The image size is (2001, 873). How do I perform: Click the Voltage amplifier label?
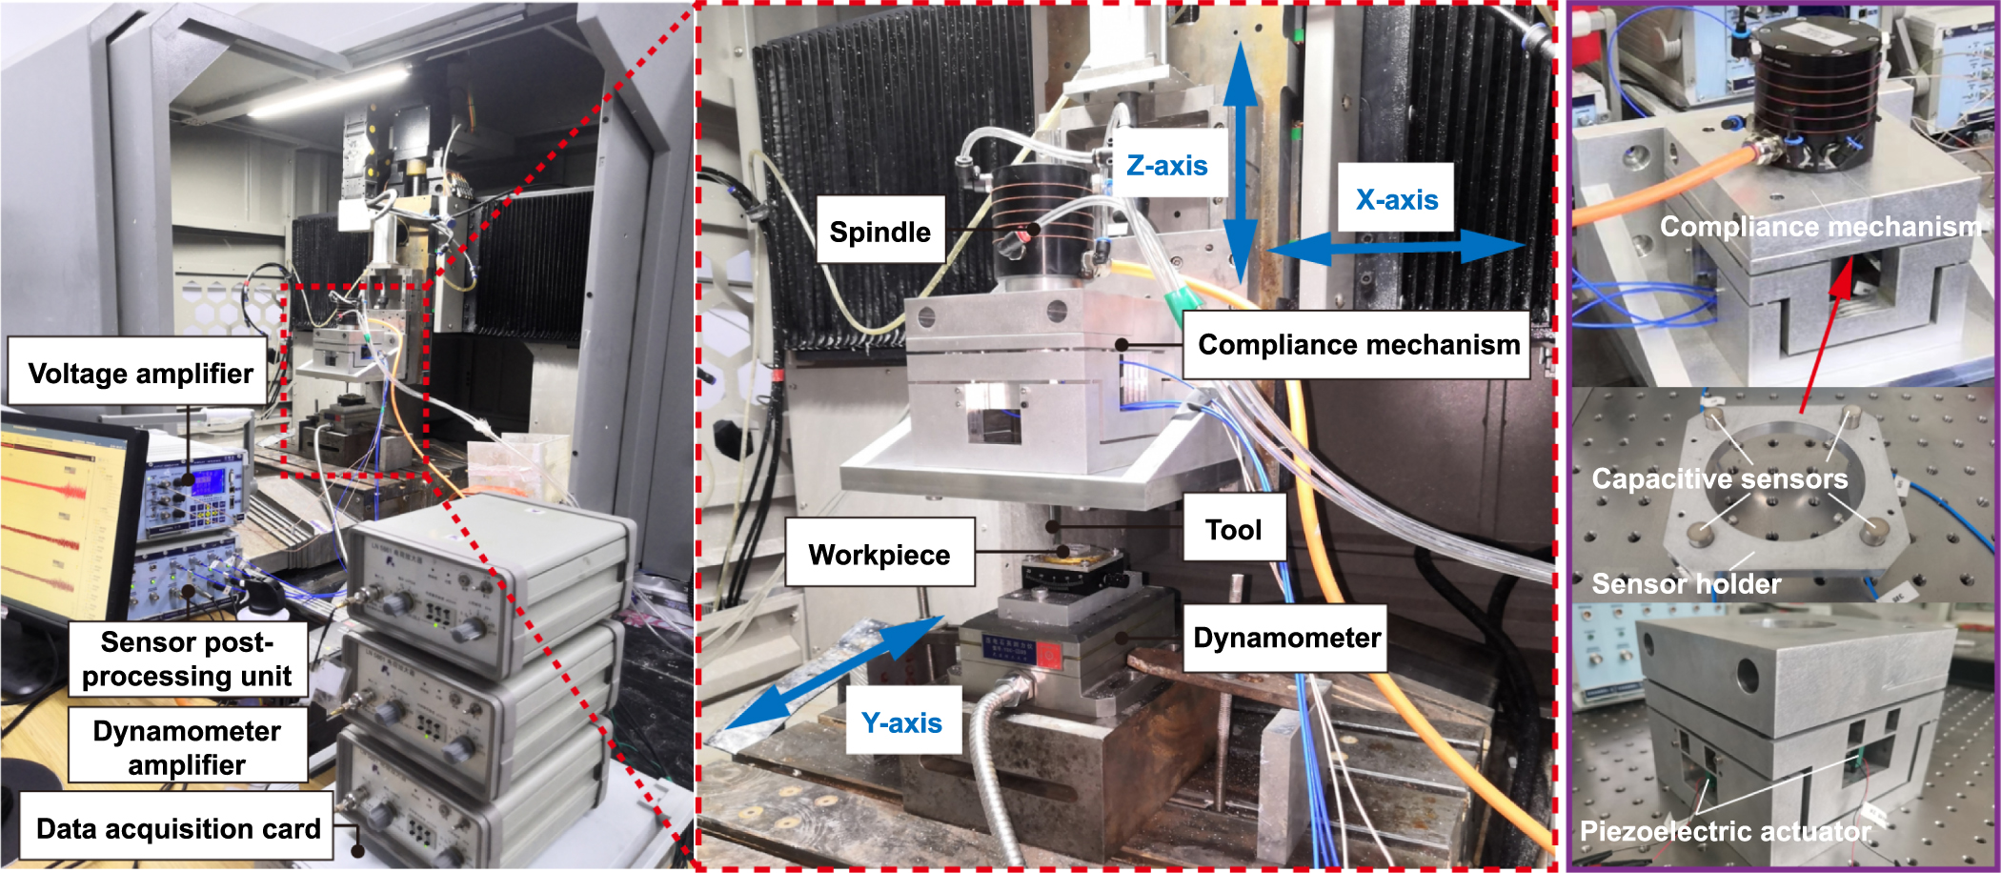coord(139,372)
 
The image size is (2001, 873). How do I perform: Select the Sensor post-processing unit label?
coord(187,660)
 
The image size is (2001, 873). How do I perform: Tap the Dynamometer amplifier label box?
coord(187,748)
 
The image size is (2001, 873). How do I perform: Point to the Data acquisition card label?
coord(177,828)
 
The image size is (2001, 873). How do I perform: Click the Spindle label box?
coord(879,231)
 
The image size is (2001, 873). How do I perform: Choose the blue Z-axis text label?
coord(1166,166)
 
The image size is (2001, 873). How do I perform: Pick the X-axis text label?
coord(1396,199)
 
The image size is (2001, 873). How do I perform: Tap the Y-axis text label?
coord(901,723)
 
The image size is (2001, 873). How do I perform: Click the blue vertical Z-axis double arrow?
coord(1241,162)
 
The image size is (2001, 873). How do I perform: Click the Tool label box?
coord(1233,529)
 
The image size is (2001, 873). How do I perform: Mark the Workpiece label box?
coord(879,554)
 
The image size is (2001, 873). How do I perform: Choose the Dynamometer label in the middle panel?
coord(1286,638)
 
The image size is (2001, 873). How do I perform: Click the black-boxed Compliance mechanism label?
coord(1358,344)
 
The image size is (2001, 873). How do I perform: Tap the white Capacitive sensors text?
coord(1719,478)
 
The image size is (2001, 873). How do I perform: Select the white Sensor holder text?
coord(1686,583)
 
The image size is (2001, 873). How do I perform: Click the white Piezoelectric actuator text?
coord(1725,831)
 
